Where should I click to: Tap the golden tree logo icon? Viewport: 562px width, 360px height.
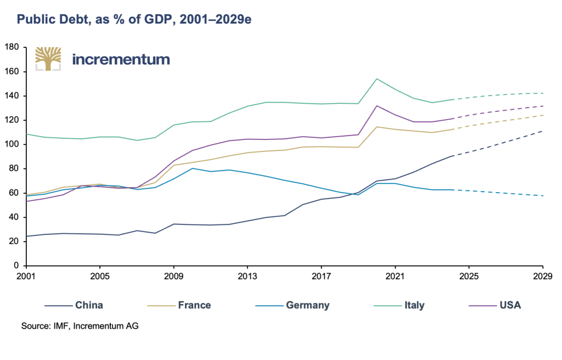[x=48, y=59]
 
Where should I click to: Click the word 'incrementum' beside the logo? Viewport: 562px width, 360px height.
[x=121, y=59]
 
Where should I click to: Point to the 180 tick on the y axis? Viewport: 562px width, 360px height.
[x=12, y=48]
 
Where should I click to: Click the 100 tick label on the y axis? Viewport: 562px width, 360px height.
[x=12, y=144]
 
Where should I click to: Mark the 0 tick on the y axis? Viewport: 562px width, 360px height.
[x=16, y=266]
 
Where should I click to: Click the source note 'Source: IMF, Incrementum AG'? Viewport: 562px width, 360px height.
[x=80, y=327]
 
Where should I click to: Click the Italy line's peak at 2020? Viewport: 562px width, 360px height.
[x=377, y=78]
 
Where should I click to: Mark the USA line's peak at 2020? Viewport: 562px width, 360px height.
[x=377, y=106]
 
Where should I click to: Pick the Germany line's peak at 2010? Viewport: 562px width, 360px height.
[x=192, y=168]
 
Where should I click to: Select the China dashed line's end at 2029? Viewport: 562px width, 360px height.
[x=543, y=131]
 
